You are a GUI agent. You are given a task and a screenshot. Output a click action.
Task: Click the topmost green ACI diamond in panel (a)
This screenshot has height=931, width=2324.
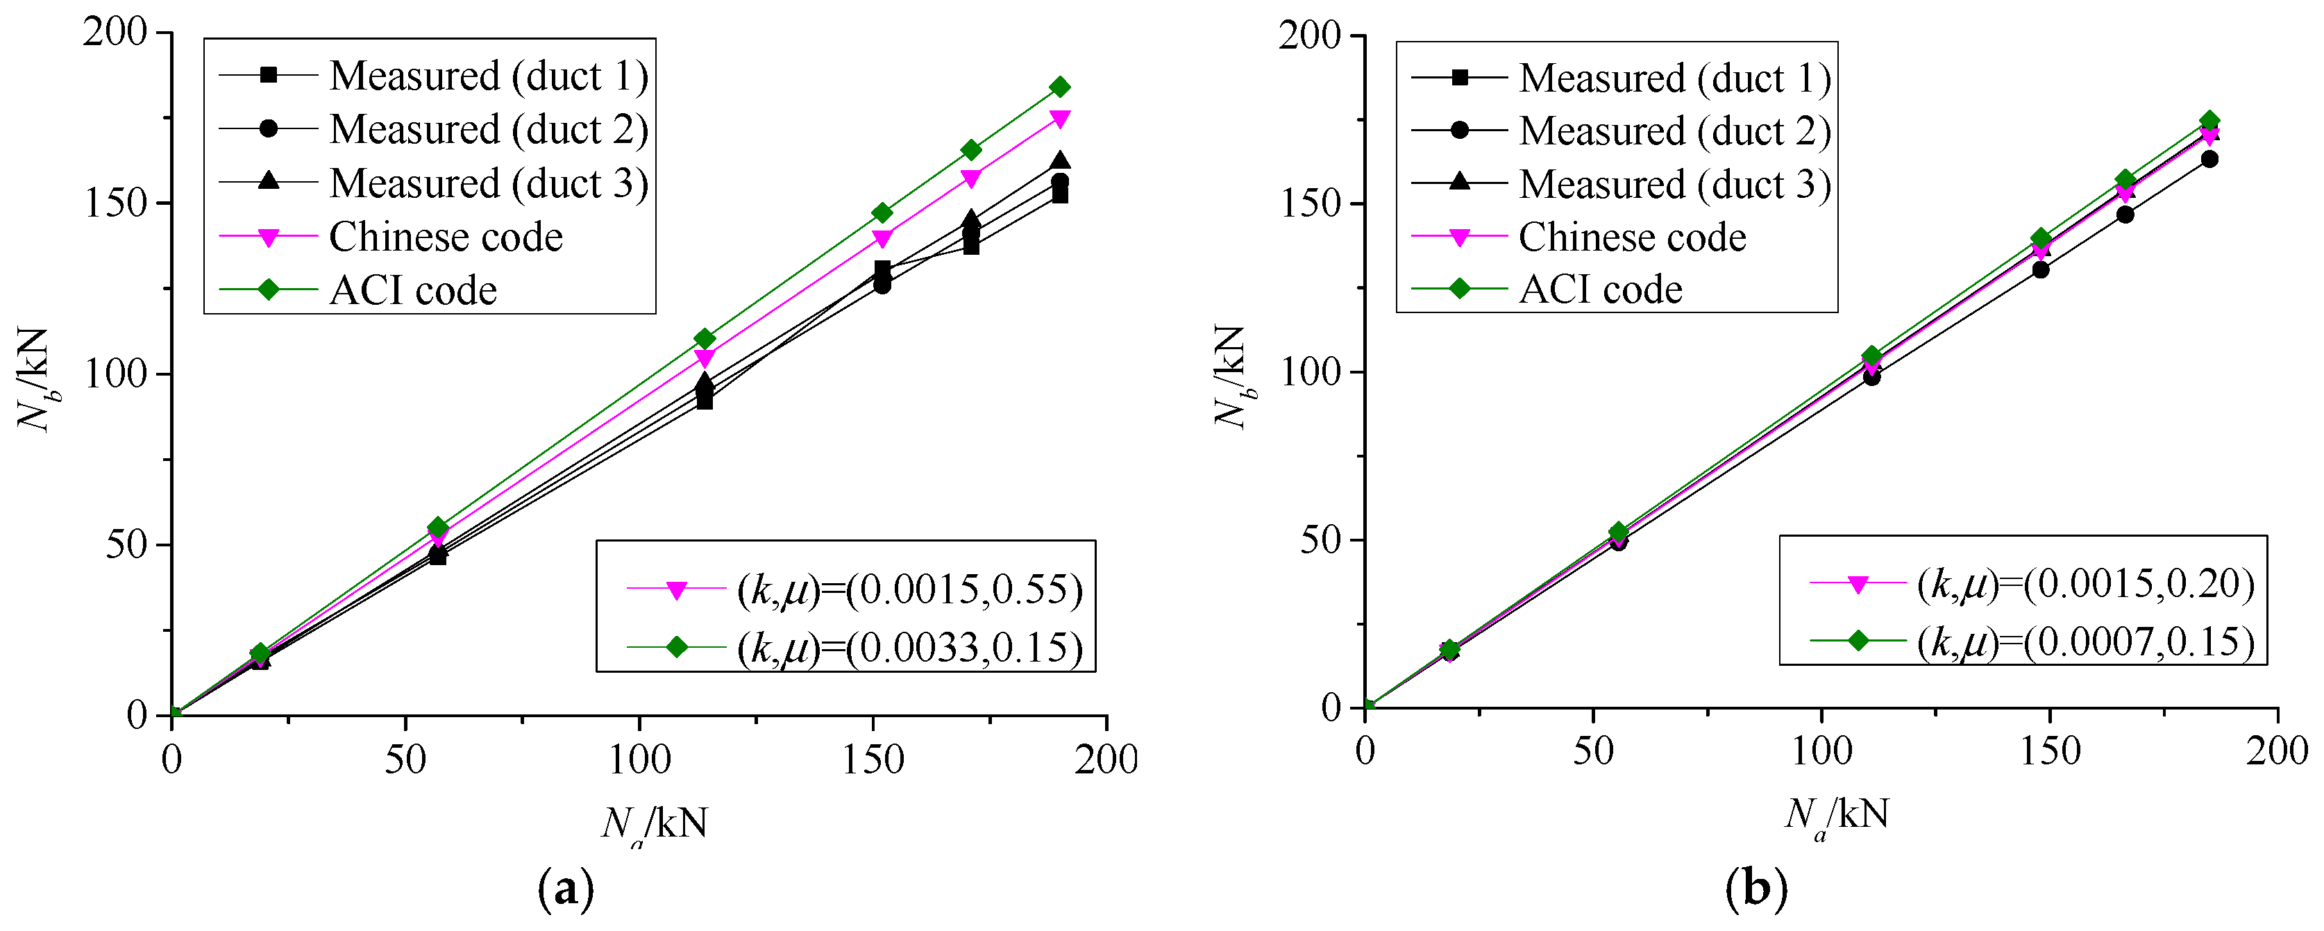click(x=1060, y=87)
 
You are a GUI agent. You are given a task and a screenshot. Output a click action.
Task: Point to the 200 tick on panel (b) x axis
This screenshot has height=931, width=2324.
click(x=2276, y=750)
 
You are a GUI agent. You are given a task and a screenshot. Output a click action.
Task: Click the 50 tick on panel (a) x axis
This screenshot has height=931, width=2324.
click(x=405, y=760)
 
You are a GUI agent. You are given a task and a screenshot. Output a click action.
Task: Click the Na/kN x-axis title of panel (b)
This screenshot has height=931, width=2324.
click(x=1837, y=816)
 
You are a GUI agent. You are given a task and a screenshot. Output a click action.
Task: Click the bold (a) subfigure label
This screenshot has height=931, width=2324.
click(x=566, y=889)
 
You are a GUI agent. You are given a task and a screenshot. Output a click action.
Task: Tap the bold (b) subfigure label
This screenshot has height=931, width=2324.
click(x=1755, y=889)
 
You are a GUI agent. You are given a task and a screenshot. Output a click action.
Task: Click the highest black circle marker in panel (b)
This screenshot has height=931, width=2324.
click(x=2209, y=160)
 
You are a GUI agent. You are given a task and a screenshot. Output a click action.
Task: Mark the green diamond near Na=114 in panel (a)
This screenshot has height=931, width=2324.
click(x=705, y=338)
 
